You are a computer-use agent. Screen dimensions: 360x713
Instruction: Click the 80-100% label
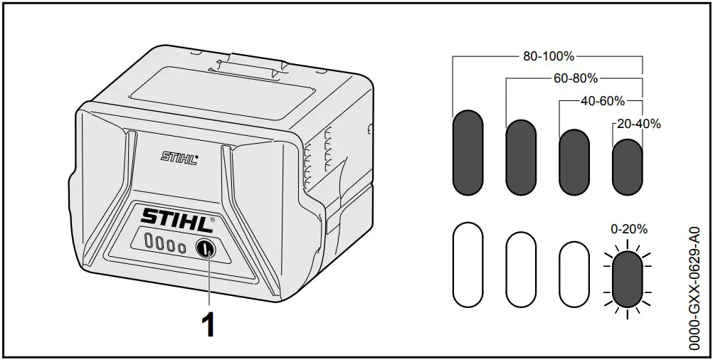(x=548, y=56)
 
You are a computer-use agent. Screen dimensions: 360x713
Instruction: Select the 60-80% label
(x=575, y=78)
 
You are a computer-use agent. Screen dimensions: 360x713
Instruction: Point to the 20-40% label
(x=638, y=124)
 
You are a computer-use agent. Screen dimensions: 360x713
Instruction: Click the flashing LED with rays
(x=627, y=280)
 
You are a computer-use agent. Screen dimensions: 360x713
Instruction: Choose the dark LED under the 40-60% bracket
(x=574, y=162)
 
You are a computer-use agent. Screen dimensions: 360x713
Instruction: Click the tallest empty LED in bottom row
(x=468, y=265)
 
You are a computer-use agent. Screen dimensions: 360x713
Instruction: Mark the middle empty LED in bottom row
(x=521, y=270)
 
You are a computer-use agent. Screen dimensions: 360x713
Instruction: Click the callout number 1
(x=207, y=325)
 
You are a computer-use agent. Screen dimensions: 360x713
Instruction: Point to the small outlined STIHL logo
(x=179, y=156)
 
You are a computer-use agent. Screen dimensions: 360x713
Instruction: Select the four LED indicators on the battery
(x=164, y=245)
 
